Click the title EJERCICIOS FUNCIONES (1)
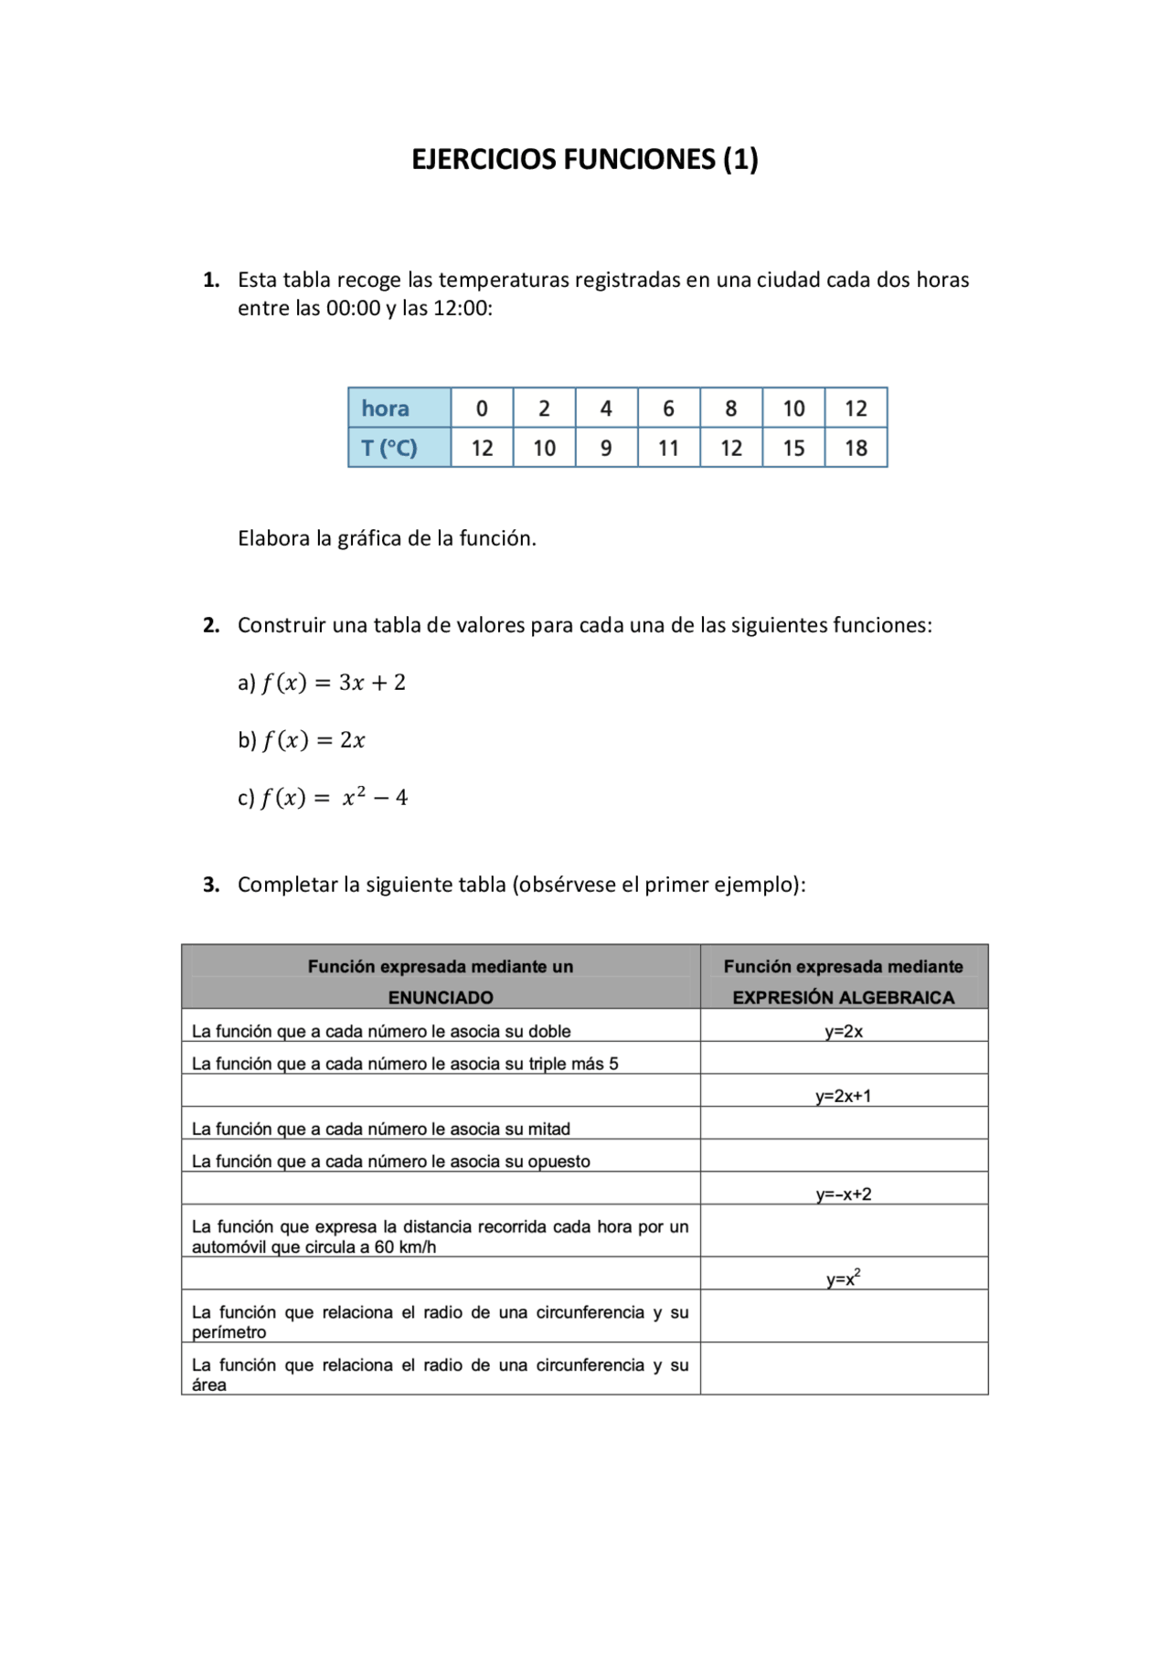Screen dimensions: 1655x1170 click(584, 159)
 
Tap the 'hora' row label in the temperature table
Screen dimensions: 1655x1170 click(385, 408)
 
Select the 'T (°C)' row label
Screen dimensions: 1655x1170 click(388, 448)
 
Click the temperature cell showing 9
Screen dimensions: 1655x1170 click(606, 448)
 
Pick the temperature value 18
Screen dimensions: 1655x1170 click(856, 448)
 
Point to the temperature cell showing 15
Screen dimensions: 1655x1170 click(793, 448)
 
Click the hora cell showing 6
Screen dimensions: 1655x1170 click(668, 408)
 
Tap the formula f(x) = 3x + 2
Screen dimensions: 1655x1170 click(333, 683)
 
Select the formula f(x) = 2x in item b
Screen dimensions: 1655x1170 click(314, 740)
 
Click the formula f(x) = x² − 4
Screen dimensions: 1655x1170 click(334, 798)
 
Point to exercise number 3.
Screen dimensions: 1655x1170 click(211, 885)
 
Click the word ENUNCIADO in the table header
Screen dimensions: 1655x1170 click(441, 997)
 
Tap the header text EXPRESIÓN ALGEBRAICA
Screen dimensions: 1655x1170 click(843, 997)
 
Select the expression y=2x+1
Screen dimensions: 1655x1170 click(843, 1096)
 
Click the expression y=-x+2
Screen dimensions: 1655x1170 click(843, 1194)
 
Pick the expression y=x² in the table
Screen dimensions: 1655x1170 click(843, 1278)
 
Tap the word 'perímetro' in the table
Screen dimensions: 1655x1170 click(229, 1332)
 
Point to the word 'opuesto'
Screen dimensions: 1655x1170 click(558, 1162)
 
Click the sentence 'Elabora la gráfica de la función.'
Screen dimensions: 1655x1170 click(387, 538)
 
